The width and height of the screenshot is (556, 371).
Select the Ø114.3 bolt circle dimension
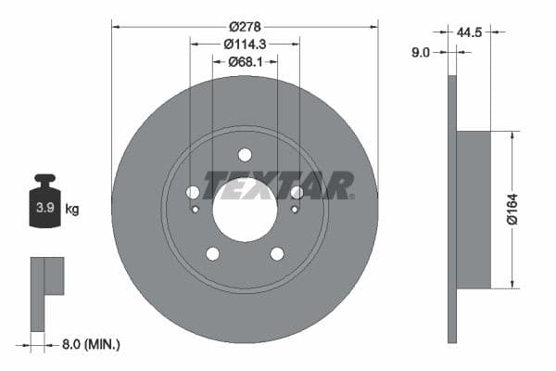pos(245,43)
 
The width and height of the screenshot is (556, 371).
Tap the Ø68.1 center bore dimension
pos(245,62)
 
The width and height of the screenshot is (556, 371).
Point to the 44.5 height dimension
pos(470,32)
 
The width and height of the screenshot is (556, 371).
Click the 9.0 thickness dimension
pos(420,53)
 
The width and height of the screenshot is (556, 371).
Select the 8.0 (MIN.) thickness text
pos(90,345)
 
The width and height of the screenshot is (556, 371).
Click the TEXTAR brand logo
pos(278,185)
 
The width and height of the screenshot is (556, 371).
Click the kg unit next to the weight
pos(72,210)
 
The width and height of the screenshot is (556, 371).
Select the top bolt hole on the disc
pos(245,155)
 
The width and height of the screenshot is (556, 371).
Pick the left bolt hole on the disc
pos(193,193)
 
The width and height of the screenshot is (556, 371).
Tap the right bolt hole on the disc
pos(297,193)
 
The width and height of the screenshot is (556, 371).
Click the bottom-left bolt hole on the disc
pos(212,253)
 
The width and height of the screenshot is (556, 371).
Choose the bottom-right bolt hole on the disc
pos(277,253)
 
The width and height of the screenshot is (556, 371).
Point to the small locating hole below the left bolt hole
pos(195,210)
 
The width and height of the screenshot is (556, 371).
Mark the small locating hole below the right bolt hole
pos(295,210)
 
